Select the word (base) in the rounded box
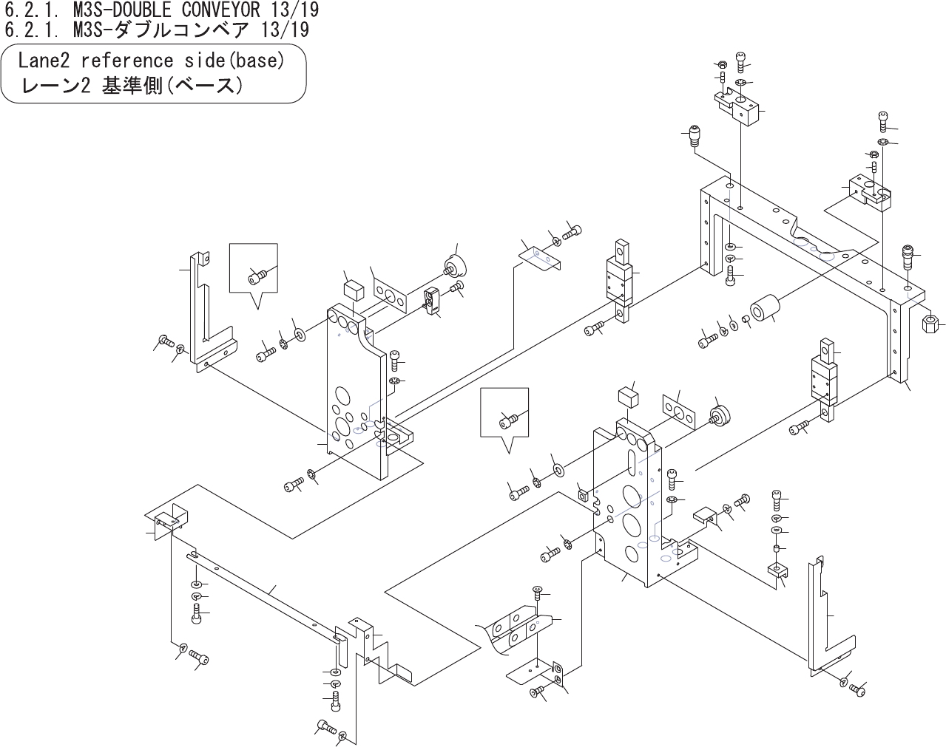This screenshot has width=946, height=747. click(258, 61)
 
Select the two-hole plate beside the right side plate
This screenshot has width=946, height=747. click(679, 412)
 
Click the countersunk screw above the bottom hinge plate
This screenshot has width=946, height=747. click(538, 592)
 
